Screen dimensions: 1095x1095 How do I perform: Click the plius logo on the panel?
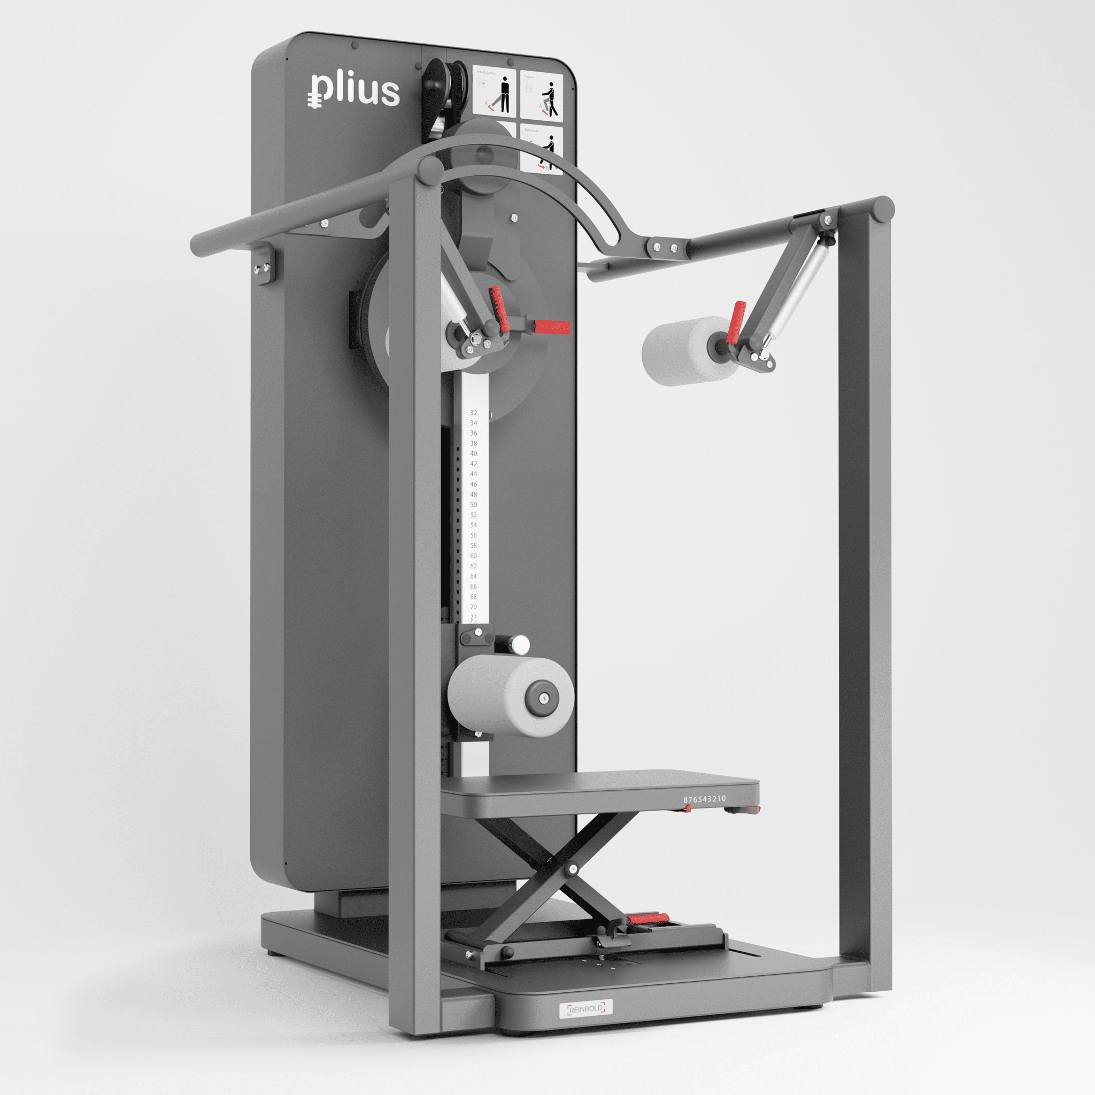coord(354,91)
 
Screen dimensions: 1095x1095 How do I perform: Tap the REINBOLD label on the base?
coord(585,1008)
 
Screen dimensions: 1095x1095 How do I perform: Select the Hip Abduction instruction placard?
coord(494,92)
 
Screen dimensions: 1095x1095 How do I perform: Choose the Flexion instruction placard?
coord(542,96)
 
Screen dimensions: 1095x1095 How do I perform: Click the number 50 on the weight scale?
coord(473,504)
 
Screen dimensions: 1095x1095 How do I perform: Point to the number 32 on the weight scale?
coord(473,413)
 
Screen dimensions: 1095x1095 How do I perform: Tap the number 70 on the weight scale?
coord(473,606)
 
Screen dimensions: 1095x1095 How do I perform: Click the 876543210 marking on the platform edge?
coord(704,799)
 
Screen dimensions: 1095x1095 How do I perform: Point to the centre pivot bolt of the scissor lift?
coord(573,869)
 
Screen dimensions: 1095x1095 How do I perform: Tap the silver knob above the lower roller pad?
coord(519,644)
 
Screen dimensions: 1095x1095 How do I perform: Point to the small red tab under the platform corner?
coord(688,809)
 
